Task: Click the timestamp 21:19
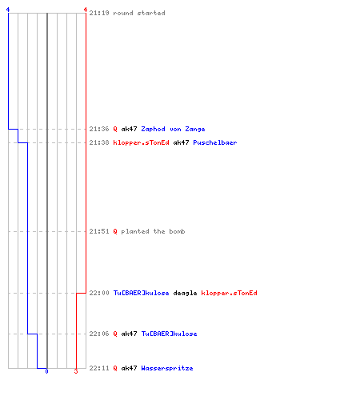[x=99, y=13]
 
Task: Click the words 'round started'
[x=139, y=13]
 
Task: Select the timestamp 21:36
[x=99, y=129]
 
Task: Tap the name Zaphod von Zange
[x=173, y=129]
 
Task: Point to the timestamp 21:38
[x=99, y=142]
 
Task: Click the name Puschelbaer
[x=215, y=142]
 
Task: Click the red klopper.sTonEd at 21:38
[x=141, y=143]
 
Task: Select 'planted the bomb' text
[x=153, y=231]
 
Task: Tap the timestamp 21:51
[x=99, y=231]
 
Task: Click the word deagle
[x=185, y=293]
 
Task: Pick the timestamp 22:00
[x=99, y=293]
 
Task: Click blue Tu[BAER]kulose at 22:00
[x=141, y=293]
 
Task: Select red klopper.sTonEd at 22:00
[x=229, y=293]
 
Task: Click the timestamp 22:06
[x=99, y=334]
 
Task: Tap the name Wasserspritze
[x=167, y=368]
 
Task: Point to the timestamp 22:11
[x=99, y=368]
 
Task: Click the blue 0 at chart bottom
[x=46, y=371]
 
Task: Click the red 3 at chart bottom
[x=76, y=371]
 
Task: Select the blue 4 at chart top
[x=8, y=10]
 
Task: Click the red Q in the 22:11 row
[x=115, y=368]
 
